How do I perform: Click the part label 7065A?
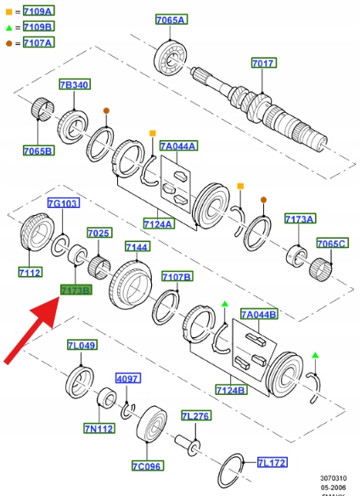(x=172, y=20)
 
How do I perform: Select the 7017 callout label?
(x=264, y=63)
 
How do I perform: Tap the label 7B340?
(x=75, y=84)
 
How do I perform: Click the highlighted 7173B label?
(x=76, y=290)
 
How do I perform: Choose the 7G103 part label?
(x=64, y=203)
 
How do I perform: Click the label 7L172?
(x=272, y=463)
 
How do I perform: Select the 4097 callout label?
(x=128, y=378)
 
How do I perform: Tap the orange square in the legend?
(x=8, y=12)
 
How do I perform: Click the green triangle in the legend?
(x=8, y=28)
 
